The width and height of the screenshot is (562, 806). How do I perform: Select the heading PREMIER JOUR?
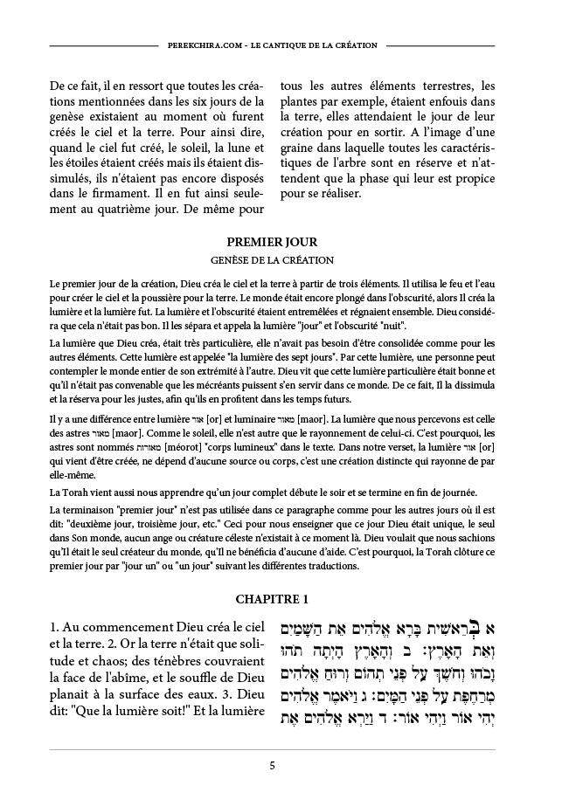(x=271, y=241)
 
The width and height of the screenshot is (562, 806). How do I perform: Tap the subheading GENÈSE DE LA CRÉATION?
(x=271, y=259)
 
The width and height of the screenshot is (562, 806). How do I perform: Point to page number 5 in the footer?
(x=272, y=766)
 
